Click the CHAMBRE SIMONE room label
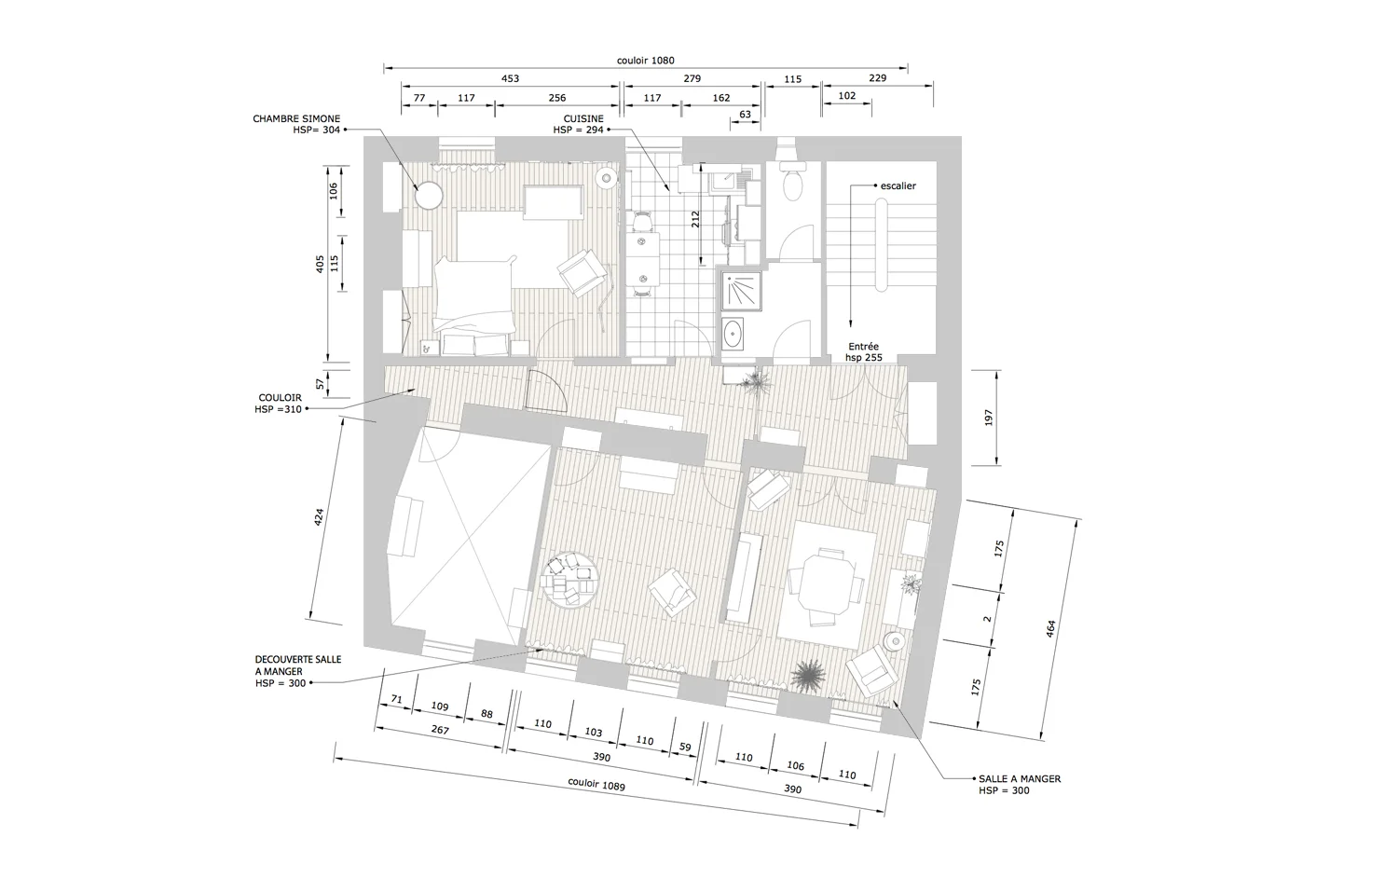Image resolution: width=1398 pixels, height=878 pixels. pos(296,119)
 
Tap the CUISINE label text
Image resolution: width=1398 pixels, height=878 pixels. pos(582,119)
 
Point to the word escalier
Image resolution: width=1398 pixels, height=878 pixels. pos(898,185)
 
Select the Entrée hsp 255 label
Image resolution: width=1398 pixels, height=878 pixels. pos(863,352)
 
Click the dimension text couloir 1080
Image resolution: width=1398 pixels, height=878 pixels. pos(645,61)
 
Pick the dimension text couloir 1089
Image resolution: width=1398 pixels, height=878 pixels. pos(596,784)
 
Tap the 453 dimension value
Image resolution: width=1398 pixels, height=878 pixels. pos(510,79)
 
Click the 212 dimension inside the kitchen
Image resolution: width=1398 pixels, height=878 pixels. pos(694,220)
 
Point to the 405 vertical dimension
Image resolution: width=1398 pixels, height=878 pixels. pos(320,265)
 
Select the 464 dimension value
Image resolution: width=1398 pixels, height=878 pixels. pos(1051,629)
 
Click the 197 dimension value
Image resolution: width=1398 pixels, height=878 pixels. pos(989,418)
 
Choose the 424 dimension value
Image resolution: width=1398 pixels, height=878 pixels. pos(319,518)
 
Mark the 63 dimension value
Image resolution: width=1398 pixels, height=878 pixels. pos(745,116)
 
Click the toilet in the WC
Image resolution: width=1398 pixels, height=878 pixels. pos(792,185)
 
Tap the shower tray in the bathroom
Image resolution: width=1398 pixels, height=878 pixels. pos(740,291)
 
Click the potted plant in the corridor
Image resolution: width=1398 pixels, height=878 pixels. pos(756,378)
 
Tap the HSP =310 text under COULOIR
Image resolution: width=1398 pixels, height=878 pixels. pos(278,409)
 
